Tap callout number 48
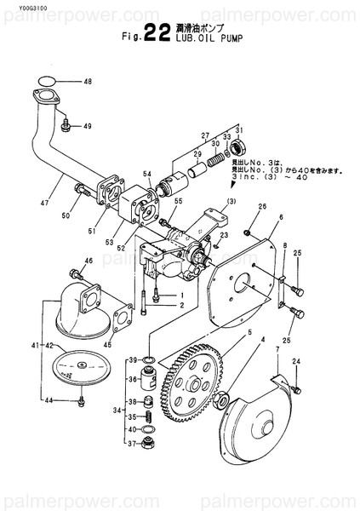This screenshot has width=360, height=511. [x=87, y=82]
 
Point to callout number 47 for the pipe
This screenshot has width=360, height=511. [x=43, y=204]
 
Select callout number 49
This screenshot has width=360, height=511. [x=87, y=127]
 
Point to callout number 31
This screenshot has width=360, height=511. [x=239, y=127]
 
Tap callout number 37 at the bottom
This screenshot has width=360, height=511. [x=134, y=443]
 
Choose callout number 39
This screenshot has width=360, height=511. [x=134, y=361]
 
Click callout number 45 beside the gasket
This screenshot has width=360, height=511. [x=106, y=345]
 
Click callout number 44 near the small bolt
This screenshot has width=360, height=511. [x=49, y=400]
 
